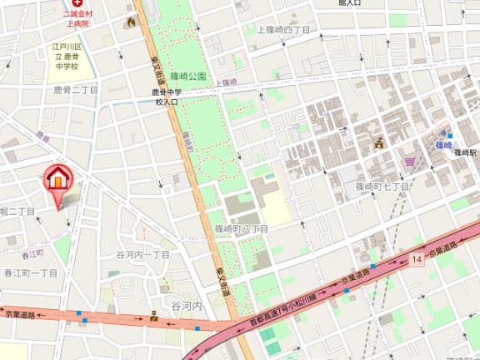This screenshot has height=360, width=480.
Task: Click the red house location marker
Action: pyautogui.click(x=57, y=179)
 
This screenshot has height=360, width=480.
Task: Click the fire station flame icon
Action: pyautogui.click(x=130, y=22)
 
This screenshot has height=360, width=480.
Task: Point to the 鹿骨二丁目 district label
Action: pyautogui.click(x=76, y=89)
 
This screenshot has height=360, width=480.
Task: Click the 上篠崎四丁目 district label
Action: pyautogui.click(x=277, y=30)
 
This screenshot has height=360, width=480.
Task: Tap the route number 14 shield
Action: pyautogui.click(x=416, y=260)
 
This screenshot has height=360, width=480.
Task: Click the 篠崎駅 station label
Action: pyautogui.click(x=463, y=153)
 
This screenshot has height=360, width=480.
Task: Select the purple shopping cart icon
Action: pyautogui.click(x=410, y=161)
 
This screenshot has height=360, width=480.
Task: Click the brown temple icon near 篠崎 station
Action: pyautogui.click(x=378, y=142)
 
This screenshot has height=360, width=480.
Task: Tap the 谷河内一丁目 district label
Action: pyautogui.click(x=142, y=254)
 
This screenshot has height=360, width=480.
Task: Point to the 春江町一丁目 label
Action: pyautogui.click(x=31, y=272)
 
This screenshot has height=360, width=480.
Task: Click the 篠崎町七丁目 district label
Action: pyautogui.click(x=382, y=186)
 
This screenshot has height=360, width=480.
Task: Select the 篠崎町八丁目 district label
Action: pyautogui.click(x=241, y=227)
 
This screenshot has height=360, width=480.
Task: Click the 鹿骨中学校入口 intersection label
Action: pyautogui.click(x=167, y=97)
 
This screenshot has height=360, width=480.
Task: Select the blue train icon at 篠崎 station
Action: pyautogui.click(x=450, y=136)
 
